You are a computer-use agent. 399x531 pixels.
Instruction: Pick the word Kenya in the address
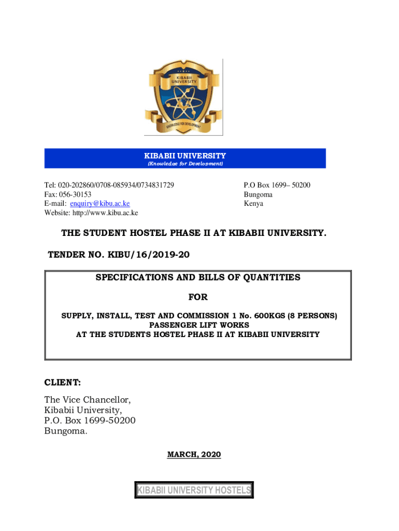coord(253,204)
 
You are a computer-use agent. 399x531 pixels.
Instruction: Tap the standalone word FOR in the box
coord(197,297)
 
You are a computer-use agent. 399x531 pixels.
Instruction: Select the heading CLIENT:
coord(62,383)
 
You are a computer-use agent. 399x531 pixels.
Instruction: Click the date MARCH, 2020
coord(194,455)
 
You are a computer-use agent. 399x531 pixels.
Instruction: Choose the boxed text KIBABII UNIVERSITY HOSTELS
coord(194,490)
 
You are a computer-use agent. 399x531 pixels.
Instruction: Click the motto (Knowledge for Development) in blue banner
coord(185,164)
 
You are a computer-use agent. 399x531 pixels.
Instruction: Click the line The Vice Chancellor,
coord(88,399)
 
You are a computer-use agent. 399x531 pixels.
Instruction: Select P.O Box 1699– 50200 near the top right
coord(277,185)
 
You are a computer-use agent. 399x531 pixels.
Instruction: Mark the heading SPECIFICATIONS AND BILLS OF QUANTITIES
coord(197,277)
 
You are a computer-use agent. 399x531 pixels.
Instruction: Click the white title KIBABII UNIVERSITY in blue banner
coord(185,156)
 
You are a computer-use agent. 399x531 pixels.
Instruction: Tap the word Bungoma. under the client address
coord(66,430)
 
